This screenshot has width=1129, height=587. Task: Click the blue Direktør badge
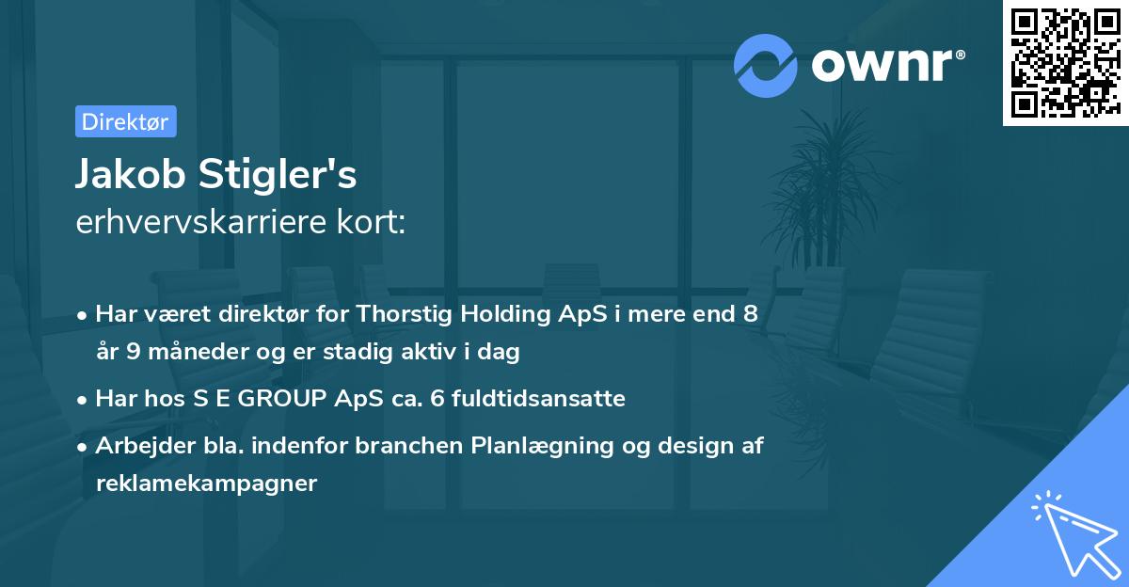tap(126, 121)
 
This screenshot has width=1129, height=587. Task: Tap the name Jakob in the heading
tap(131, 174)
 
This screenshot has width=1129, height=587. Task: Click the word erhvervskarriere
tap(201, 222)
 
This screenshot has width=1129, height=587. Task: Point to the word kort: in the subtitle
tap(371, 222)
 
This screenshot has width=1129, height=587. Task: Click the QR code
tap(1065, 62)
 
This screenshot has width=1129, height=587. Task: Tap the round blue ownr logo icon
tap(766, 66)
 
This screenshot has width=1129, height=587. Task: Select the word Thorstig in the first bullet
tap(405, 314)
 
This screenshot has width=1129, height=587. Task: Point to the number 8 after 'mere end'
tap(751, 314)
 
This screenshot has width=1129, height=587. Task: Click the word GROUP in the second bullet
tap(281, 399)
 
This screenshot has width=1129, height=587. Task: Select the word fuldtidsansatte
tap(538, 398)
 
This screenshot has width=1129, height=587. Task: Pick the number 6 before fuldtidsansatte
tap(437, 399)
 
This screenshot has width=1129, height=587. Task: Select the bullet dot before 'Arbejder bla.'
tap(82, 448)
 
